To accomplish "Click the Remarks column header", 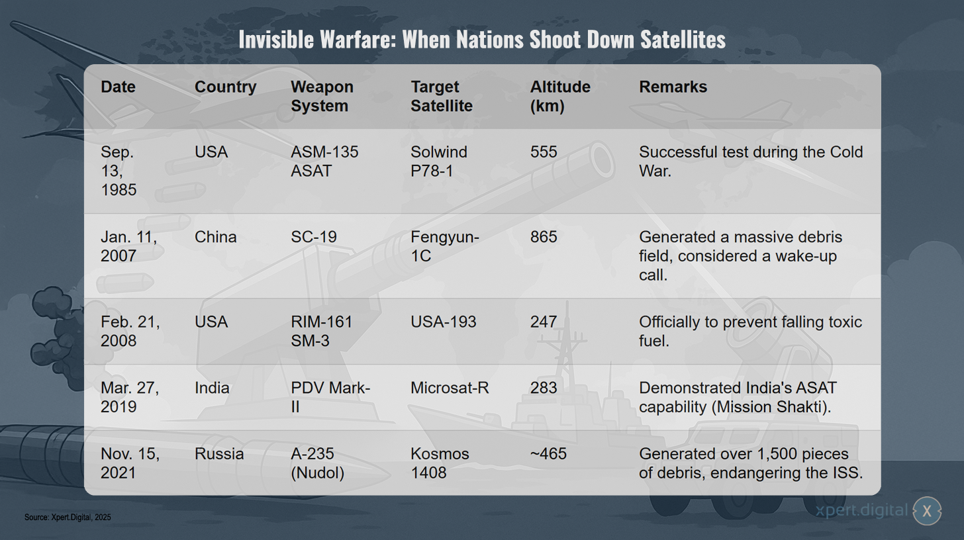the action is tap(673, 87).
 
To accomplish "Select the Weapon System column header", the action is tap(322, 97).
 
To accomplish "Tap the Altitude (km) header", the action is tap(560, 97).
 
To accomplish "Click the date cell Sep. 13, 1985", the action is tap(119, 171).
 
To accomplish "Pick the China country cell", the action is tap(215, 237).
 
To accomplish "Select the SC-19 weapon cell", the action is tap(314, 237).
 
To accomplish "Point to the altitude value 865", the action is tap(544, 237).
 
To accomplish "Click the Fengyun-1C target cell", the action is tap(444, 247).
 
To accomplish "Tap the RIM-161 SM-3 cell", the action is tap(322, 332).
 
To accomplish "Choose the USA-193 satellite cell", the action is tap(444, 322).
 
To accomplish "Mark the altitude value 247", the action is tap(544, 322).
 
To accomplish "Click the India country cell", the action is tap(212, 388).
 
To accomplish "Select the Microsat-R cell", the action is tap(450, 388).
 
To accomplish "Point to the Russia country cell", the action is tap(219, 454).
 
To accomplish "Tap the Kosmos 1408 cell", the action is tap(440, 463).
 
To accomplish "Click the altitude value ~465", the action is tap(548, 454).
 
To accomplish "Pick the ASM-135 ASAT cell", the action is tap(324, 161).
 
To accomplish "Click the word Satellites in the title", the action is tap(683, 40).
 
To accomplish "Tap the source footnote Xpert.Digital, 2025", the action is tap(68, 517).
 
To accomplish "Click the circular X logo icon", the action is tap(927, 511).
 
